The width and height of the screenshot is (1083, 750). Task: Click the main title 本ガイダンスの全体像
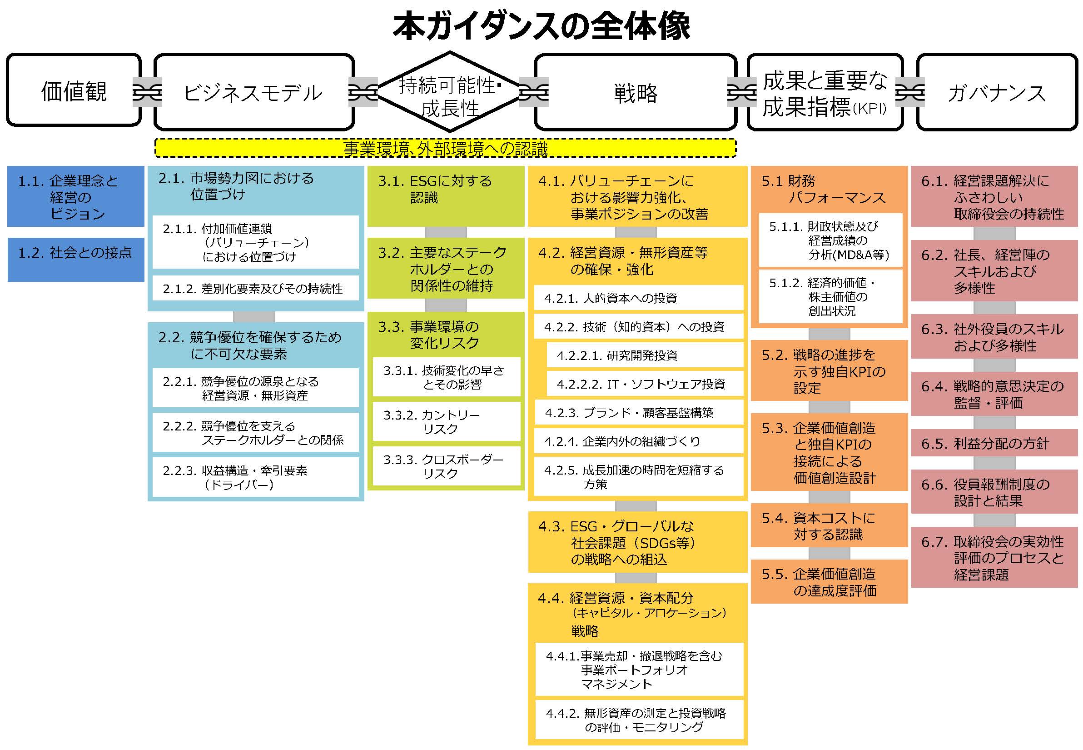[x=541, y=27]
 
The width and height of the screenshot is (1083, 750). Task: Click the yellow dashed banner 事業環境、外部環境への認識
[x=445, y=149]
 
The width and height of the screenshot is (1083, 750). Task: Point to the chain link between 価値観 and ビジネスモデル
[x=148, y=92]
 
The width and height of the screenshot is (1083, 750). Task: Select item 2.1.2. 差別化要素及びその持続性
[x=255, y=288]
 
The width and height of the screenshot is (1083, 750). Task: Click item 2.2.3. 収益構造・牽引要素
[x=255, y=477]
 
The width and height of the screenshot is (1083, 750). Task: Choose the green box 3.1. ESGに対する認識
[x=445, y=196]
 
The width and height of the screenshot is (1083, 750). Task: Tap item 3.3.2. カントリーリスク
[x=446, y=421]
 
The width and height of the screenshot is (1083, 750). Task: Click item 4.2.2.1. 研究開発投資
[x=644, y=355]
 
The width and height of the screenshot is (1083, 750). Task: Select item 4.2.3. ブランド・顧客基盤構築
[x=638, y=413]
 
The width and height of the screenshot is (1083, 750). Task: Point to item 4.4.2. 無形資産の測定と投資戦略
[x=639, y=720]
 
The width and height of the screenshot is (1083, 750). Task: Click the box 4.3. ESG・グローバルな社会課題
[x=637, y=542]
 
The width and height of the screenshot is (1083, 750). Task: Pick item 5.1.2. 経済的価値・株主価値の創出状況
[x=830, y=296]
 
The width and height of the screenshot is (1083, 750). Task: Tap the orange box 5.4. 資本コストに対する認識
[x=829, y=526]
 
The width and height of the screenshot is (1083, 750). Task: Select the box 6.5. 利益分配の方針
[x=994, y=443]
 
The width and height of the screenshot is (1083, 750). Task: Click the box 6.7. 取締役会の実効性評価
[x=994, y=558]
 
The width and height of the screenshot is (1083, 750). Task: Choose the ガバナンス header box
[x=997, y=92]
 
